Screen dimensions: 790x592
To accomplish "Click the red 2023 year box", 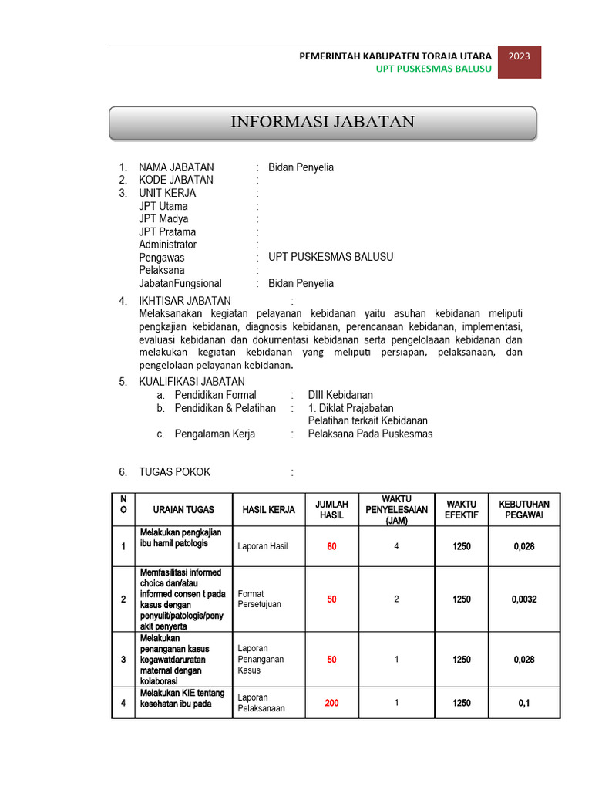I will coord(519,62).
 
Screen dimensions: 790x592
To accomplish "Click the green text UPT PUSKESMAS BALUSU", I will coord(433,69).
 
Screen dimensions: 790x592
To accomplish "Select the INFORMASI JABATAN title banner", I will coord(323,123).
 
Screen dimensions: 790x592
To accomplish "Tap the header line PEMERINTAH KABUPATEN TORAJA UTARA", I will coord(395,56).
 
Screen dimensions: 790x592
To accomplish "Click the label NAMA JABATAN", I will coord(177,167).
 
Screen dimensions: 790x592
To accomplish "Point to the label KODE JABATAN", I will coord(177,180).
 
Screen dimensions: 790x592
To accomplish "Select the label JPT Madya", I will coord(163,219).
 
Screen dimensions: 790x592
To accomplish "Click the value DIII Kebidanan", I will coord(340,395).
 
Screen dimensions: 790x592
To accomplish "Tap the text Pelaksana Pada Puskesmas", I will coord(370,434).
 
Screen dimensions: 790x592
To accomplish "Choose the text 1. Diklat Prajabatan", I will coord(351,408).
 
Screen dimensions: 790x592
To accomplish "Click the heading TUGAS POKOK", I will coord(174,472).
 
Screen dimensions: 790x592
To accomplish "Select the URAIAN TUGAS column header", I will coord(183,510).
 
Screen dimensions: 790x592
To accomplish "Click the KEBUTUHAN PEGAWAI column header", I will coord(524,510).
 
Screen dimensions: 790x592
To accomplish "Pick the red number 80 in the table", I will coord(331,546).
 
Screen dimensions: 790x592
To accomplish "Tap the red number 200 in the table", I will coord(331,703).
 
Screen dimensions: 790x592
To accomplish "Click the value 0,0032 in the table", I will coord(524,599).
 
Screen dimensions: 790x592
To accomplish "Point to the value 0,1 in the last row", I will coord(524,703).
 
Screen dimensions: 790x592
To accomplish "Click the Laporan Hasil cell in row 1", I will coord(263,546).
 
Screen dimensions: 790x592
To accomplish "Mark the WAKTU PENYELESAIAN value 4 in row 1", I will coord(396,546).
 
